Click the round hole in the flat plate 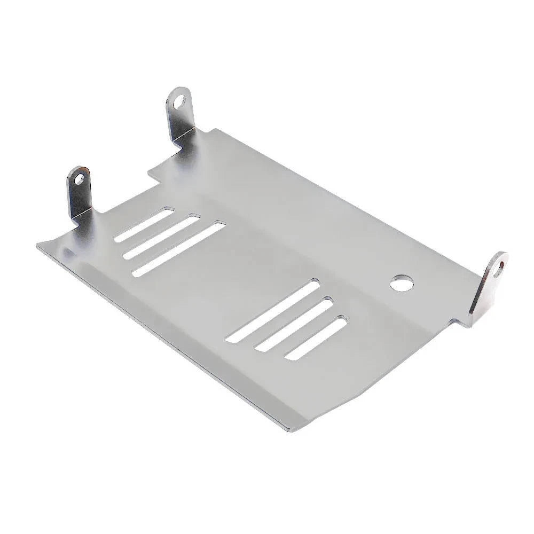399,283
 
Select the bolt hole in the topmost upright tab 181,100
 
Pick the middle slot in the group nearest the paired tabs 161,237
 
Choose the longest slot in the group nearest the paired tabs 179,250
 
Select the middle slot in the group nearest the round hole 294,325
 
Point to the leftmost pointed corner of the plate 37,246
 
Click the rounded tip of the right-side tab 502,255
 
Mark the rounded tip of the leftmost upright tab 78,168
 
